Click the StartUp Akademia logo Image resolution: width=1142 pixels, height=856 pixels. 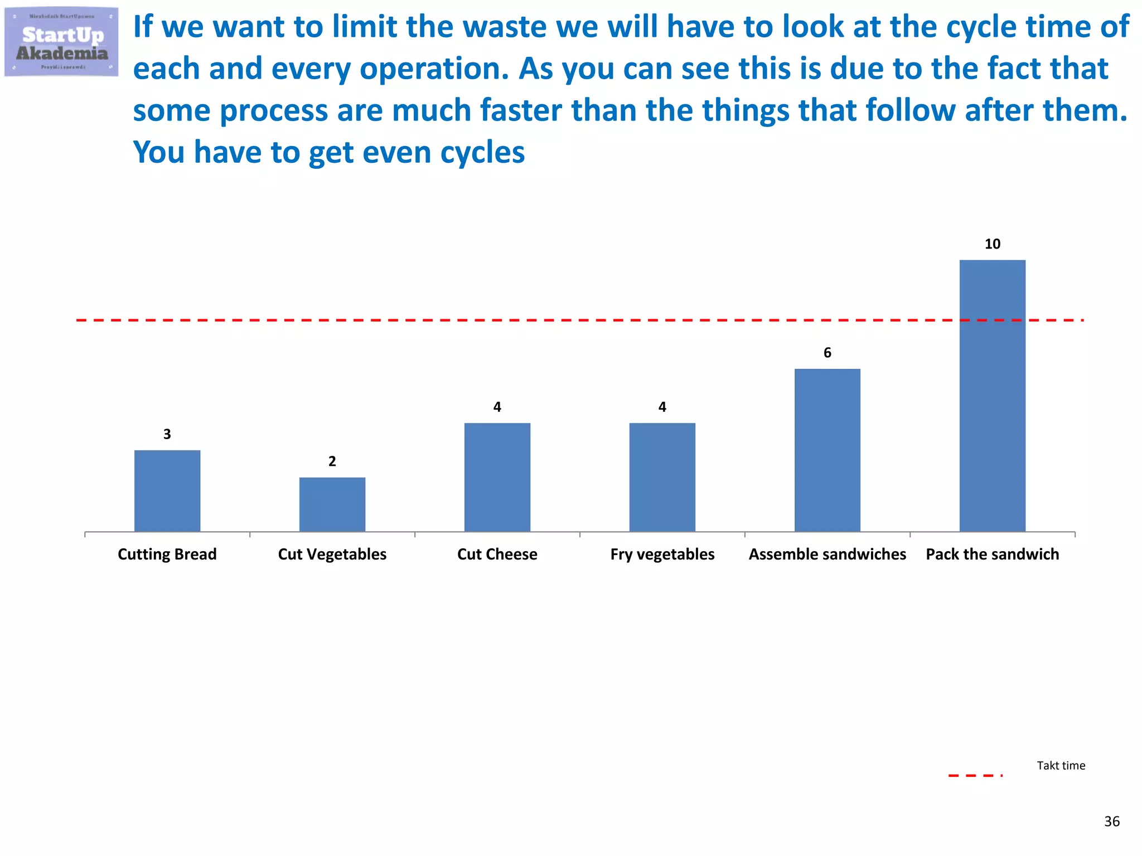(61, 42)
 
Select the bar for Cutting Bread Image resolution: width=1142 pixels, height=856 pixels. (167, 490)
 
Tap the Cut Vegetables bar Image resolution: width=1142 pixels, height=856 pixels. (332, 504)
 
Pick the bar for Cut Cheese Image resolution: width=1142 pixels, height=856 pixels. (497, 477)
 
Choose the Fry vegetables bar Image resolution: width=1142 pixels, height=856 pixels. (662, 477)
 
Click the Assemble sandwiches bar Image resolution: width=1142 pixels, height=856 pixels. (828, 450)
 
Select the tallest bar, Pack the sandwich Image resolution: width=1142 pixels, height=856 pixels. (993, 396)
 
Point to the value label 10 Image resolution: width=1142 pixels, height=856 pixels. (993, 244)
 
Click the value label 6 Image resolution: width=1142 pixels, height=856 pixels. (828, 353)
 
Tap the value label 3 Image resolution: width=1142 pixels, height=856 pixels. (167, 434)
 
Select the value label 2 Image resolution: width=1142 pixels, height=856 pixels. (332, 461)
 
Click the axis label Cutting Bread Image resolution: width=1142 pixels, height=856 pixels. (167, 555)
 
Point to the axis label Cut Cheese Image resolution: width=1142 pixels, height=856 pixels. (497, 555)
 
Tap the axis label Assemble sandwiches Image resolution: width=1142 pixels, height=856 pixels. (828, 555)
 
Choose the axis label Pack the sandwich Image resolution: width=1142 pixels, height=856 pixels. (993, 555)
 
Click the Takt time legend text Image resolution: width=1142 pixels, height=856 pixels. (1061, 766)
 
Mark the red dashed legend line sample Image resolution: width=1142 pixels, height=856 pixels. (975, 775)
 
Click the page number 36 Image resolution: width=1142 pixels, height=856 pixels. (1112, 821)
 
